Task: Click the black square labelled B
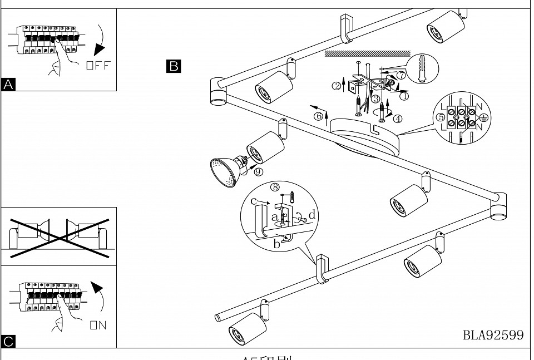[x=173, y=66]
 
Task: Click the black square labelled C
[x=8, y=341]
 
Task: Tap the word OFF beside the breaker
[x=98, y=66]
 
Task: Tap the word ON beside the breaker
[x=98, y=326]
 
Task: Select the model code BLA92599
[x=493, y=335]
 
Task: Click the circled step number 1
[x=404, y=96]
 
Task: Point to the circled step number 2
[x=337, y=86]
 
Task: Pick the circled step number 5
[x=441, y=117]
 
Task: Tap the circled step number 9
[x=258, y=171]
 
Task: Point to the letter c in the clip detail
[x=254, y=201]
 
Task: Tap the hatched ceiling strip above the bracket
[x=367, y=54]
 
